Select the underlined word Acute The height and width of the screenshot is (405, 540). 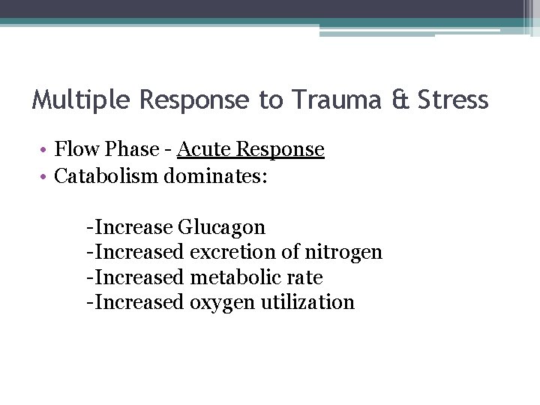[204, 149]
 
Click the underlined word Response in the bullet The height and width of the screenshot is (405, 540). [280, 149]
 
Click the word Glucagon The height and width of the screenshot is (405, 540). [222, 227]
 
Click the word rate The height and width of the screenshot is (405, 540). [304, 277]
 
